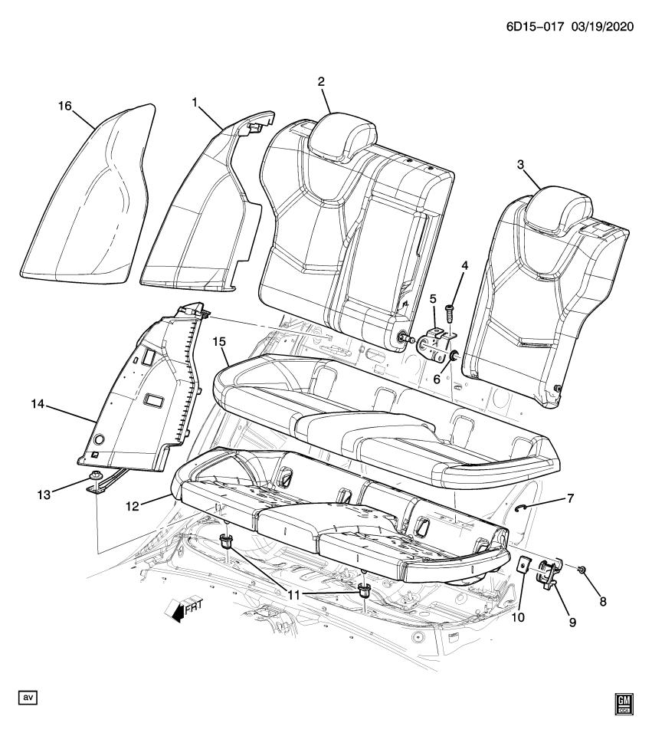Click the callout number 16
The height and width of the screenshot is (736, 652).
point(65,105)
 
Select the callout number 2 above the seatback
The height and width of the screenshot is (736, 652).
point(321,82)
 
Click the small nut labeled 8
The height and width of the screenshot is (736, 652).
point(583,569)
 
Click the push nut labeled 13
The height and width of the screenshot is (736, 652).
point(94,480)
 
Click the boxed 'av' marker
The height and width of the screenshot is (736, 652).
point(28,698)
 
